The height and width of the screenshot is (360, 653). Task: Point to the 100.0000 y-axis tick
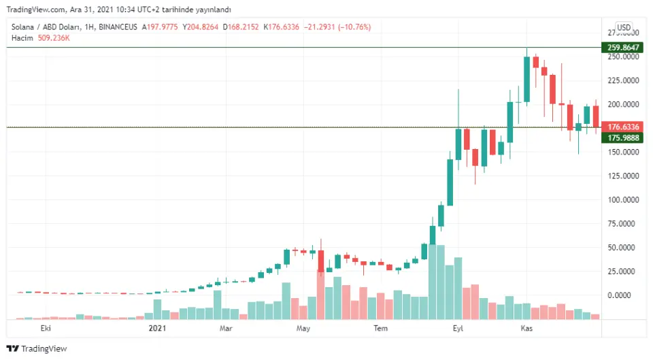pos(623,200)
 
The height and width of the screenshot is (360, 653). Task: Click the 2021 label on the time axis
pos(157,329)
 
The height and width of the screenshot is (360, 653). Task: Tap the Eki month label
pos(46,329)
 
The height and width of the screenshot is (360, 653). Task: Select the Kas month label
pos(526,329)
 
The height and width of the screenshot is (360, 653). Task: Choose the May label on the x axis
pos(303,329)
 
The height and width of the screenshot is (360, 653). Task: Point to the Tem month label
pos(381,329)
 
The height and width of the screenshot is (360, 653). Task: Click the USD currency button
pos(624,28)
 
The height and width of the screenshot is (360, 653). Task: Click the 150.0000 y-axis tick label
pos(623,152)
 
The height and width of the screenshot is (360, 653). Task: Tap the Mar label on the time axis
pos(227,329)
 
